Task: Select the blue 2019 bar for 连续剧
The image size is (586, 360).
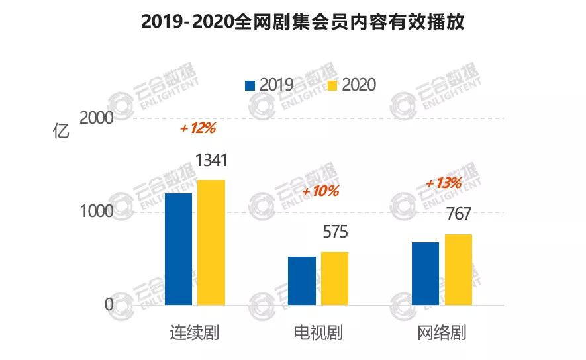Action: (178, 249)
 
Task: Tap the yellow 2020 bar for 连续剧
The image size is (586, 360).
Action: (212, 242)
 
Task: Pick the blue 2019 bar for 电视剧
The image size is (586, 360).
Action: (302, 281)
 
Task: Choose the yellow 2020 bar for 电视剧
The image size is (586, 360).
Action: (335, 279)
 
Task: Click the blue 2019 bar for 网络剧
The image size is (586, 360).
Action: (425, 273)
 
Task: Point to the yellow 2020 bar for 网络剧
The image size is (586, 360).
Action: (458, 269)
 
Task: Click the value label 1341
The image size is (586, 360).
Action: (212, 161)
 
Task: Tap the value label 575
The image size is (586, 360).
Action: (335, 233)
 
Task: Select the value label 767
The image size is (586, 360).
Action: (458, 215)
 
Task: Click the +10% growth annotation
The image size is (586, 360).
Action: (320, 191)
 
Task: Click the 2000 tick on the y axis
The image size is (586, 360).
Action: (97, 118)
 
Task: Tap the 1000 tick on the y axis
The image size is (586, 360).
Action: (97, 212)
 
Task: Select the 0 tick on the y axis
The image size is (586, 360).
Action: (109, 305)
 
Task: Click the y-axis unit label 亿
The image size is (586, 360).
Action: (61, 131)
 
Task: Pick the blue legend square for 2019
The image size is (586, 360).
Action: (250, 85)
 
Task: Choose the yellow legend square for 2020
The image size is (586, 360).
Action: (333, 85)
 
